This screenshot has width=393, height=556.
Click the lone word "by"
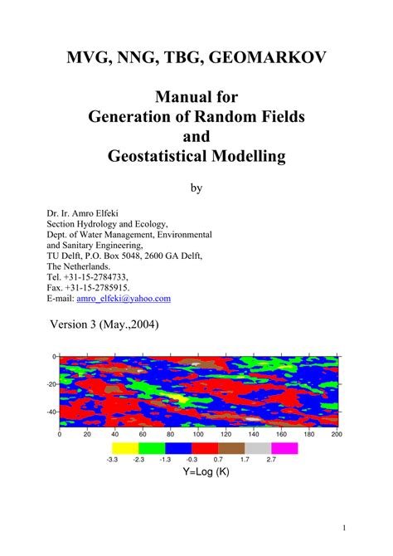[196, 188]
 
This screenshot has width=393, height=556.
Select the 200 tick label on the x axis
[337, 434]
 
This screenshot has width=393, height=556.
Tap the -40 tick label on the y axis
[51, 411]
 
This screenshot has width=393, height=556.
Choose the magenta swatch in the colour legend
[284, 448]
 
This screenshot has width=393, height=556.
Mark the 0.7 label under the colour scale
[218, 459]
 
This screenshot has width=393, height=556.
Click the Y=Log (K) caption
[206, 472]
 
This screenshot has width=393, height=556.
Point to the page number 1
[343, 528]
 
